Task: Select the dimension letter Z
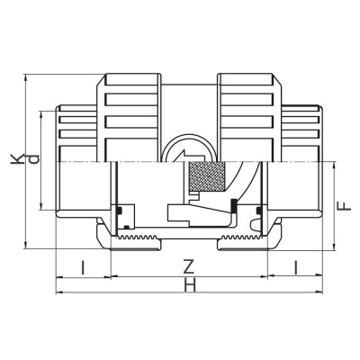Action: pyautogui.click(x=187, y=267)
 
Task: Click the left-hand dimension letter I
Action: pyautogui.click(x=83, y=267)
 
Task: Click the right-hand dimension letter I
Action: pyautogui.click(x=296, y=267)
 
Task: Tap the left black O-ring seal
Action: pyautogui.click(x=119, y=211)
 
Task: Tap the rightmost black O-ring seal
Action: pyautogui.click(x=260, y=211)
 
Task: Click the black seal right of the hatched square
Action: pyautogui.click(x=233, y=204)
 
